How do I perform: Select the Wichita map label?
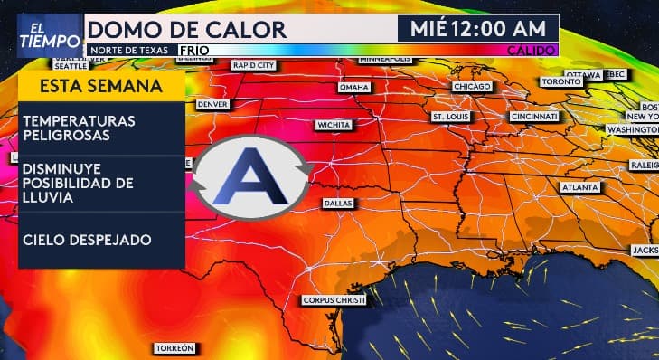[334, 124]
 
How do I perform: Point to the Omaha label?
[353, 88]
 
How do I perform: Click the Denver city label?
[212, 104]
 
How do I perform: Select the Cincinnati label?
[534, 118]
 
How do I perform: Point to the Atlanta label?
[579, 187]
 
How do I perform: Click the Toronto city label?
[561, 81]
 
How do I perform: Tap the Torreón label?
[174, 348]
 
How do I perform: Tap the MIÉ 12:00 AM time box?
[478, 28]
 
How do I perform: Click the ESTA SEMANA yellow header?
[101, 87]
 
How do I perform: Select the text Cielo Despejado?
[87, 240]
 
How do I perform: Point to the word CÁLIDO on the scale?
[532, 50]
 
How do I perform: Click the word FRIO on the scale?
[195, 50]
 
